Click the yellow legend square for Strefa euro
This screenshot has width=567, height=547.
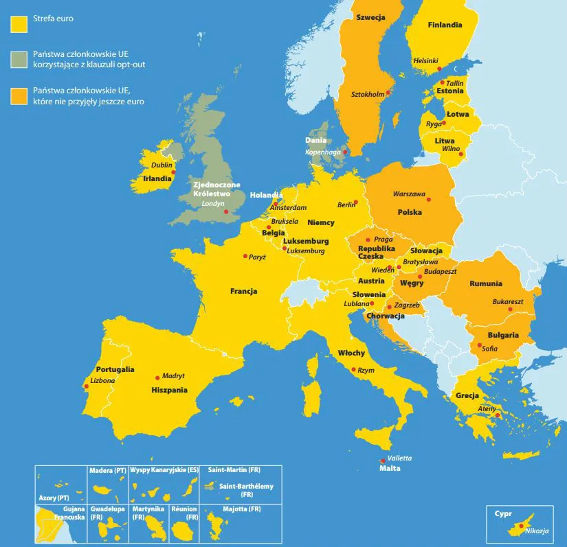pyautogui.click(x=18, y=23)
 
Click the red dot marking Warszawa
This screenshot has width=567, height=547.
pyautogui.click(x=429, y=200)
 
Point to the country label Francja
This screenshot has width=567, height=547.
pyautogui.click(x=243, y=291)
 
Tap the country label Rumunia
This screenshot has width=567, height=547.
pyautogui.click(x=486, y=283)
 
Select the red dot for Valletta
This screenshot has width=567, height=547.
pyautogui.click(x=383, y=461)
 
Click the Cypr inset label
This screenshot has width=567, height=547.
pyautogui.click(x=503, y=513)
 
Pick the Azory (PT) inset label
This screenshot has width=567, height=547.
pyautogui.click(x=53, y=496)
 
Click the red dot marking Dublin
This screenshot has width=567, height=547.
pyautogui.click(x=174, y=172)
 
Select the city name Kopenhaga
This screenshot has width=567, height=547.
pyautogui.click(x=323, y=152)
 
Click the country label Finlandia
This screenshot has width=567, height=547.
pyautogui.click(x=445, y=25)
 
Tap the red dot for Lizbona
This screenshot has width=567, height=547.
pyautogui.click(x=86, y=386)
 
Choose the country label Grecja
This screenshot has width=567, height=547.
pyautogui.click(x=467, y=395)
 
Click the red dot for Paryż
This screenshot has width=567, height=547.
pyautogui.click(x=245, y=256)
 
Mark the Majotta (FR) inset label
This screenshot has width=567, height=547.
pyautogui.click(x=242, y=509)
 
